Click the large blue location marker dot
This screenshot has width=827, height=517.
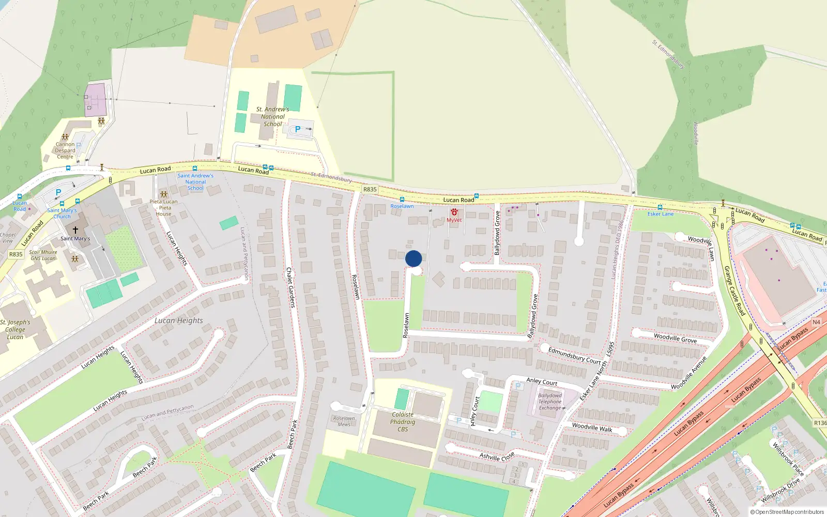(x=413, y=258)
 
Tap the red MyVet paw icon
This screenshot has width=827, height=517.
(x=454, y=212)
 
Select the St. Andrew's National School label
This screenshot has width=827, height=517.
(x=272, y=117)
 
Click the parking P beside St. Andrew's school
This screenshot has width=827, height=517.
(x=298, y=129)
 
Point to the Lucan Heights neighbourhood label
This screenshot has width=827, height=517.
(x=179, y=321)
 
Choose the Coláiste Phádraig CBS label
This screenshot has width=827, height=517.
(x=403, y=422)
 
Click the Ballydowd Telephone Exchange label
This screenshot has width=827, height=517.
(x=550, y=402)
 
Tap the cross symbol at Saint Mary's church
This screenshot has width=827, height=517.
(x=75, y=230)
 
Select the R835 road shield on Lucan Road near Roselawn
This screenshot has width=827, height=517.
(x=370, y=189)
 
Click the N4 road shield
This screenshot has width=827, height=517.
(x=816, y=322)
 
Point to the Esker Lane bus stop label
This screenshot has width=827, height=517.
(x=661, y=214)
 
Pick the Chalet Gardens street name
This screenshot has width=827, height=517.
(x=290, y=287)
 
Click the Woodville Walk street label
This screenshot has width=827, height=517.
(x=592, y=428)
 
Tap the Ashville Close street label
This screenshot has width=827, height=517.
(x=497, y=457)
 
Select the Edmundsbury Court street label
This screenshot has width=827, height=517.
(x=574, y=356)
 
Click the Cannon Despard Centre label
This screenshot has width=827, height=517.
(x=65, y=150)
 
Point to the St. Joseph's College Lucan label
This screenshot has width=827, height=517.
(x=15, y=329)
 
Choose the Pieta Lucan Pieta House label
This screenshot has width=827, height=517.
(x=163, y=208)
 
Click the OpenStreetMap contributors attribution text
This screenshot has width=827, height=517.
(x=787, y=512)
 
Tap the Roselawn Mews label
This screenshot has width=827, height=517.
(x=344, y=421)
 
